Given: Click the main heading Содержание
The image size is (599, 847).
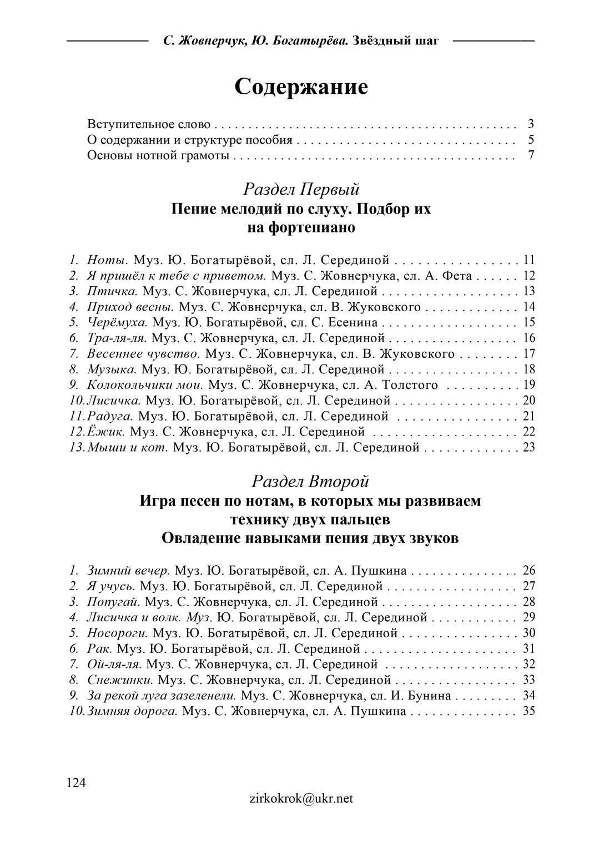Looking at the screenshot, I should coord(301,87).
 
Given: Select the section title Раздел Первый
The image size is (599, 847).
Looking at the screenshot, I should coord(301,189).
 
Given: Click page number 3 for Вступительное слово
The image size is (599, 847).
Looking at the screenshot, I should coord(531,124).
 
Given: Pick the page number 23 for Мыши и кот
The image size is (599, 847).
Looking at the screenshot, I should coord(528,447).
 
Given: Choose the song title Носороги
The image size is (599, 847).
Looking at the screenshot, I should coord(117,633).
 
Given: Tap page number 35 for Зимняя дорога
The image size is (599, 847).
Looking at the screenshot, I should coord(528,711).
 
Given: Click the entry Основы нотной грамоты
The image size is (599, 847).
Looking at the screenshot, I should coord(158,155).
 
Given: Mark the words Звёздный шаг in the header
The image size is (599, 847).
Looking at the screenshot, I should coord(395,41).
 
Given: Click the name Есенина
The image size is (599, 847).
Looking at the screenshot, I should coord(351,322).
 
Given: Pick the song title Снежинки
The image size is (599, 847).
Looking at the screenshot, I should coord(120,679).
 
